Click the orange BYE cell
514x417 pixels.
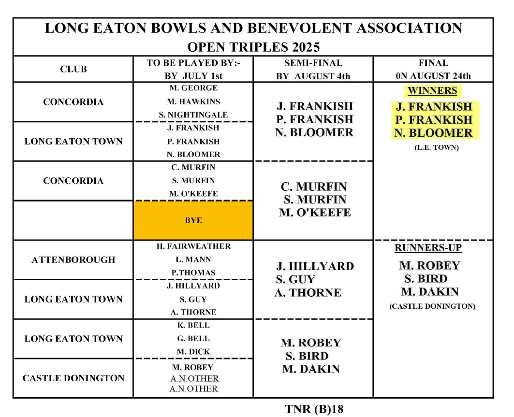(x=193, y=220)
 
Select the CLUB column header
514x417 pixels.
(x=73, y=69)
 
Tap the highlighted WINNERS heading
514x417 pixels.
(x=432, y=90)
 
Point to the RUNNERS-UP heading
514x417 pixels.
(x=428, y=248)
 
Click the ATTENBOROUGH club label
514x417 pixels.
(x=73, y=259)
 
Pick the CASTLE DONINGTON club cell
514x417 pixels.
(x=73, y=378)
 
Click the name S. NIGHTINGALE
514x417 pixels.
(x=193, y=115)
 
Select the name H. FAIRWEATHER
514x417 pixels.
(x=193, y=246)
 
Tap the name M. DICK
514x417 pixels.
(x=193, y=352)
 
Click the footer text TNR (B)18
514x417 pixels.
(x=314, y=409)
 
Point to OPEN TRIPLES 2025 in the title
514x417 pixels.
(x=253, y=47)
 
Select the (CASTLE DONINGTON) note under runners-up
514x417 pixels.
(x=432, y=306)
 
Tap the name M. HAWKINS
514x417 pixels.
(x=193, y=101)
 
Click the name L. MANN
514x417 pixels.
(x=193, y=259)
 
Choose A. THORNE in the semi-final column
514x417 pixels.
(x=308, y=292)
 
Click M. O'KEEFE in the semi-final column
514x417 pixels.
(x=315, y=212)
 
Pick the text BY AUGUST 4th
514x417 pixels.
(x=313, y=76)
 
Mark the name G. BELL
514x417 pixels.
(x=193, y=339)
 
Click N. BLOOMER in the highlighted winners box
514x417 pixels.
(x=433, y=133)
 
